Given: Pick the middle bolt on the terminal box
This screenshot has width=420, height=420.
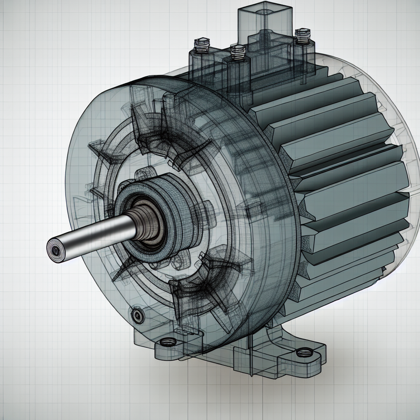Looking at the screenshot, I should (x=237, y=52).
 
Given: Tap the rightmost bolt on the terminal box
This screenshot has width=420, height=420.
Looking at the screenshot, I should (x=302, y=35).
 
